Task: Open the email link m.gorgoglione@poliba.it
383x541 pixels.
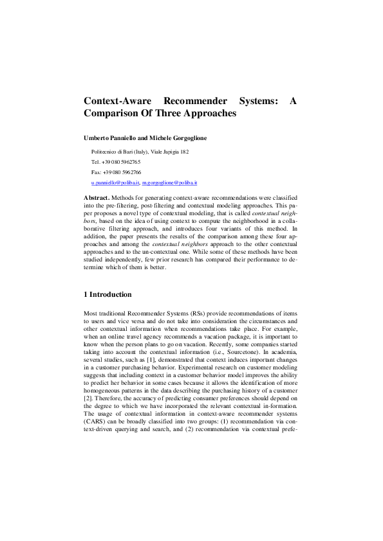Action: (x=169, y=182)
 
